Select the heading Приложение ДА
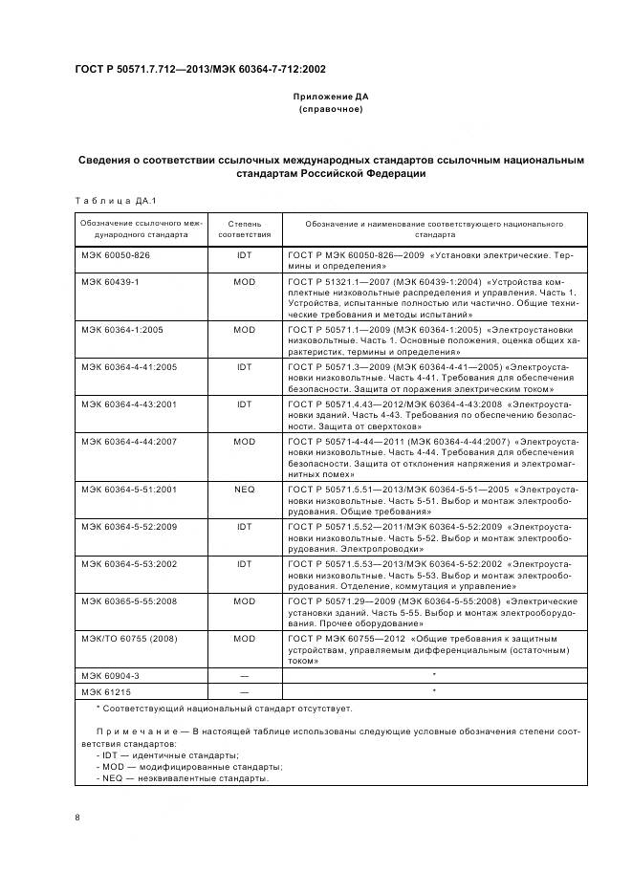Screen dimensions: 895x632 click(330, 98)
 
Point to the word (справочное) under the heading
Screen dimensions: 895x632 click(330, 110)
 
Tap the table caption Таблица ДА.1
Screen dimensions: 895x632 click(115, 201)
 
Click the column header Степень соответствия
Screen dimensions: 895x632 click(245, 229)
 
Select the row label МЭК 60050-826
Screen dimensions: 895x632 click(116, 256)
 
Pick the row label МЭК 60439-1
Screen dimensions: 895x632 click(110, 282)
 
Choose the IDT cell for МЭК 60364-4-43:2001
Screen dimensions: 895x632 click(245, 404)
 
